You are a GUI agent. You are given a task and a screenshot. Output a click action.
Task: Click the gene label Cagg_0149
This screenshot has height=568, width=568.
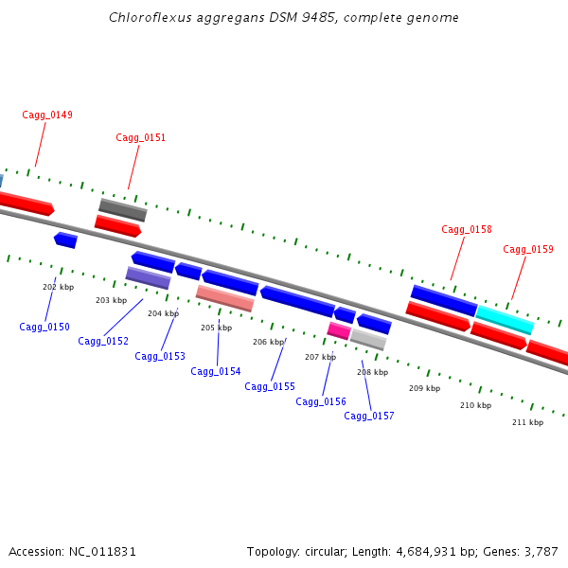(x=47, y=115)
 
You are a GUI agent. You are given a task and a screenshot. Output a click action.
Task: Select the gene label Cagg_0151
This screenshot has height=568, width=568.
(x=141, y=138)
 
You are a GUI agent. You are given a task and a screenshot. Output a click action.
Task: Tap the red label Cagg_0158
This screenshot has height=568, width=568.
(x=467, y=230)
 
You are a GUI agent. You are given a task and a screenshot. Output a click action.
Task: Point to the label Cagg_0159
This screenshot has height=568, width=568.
(x=528, y=250)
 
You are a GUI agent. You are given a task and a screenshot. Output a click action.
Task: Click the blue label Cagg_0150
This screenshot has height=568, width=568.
(x=44, y=328)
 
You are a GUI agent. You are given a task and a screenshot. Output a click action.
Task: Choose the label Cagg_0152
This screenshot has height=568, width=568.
(x=103, y=342)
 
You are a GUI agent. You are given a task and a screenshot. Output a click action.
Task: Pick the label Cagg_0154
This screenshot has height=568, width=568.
(x=216, y=372)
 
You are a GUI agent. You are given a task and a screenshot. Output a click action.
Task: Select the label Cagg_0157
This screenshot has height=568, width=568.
(x=369, y=417)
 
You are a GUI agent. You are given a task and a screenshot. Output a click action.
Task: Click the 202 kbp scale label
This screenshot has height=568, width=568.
(x=58, y=287)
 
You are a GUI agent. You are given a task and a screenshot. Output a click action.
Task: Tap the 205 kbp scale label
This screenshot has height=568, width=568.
(x=216, y=328)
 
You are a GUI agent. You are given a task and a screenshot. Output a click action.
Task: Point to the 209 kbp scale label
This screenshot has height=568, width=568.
(x=424, y=389)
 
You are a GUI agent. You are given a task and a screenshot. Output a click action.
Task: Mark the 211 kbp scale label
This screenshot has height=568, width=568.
(x=527, y=423)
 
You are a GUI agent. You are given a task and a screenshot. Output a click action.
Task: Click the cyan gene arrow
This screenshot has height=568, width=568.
(x=505, y=319)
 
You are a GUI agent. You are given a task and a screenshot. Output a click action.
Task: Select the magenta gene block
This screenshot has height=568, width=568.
(x=339, y=330)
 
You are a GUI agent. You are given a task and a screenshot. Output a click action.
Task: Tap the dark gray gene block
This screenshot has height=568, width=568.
(x=123, y=209)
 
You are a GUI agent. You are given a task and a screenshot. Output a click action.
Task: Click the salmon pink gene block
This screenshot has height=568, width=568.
(x=224, y=298)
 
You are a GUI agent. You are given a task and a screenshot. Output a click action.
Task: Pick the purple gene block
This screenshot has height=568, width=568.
(x=148, y=277)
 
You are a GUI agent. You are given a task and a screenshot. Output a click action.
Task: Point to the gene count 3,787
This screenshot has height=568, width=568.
(x=540, y=552)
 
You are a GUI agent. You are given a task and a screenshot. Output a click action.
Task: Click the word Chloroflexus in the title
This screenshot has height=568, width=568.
(x=145, y=17)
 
